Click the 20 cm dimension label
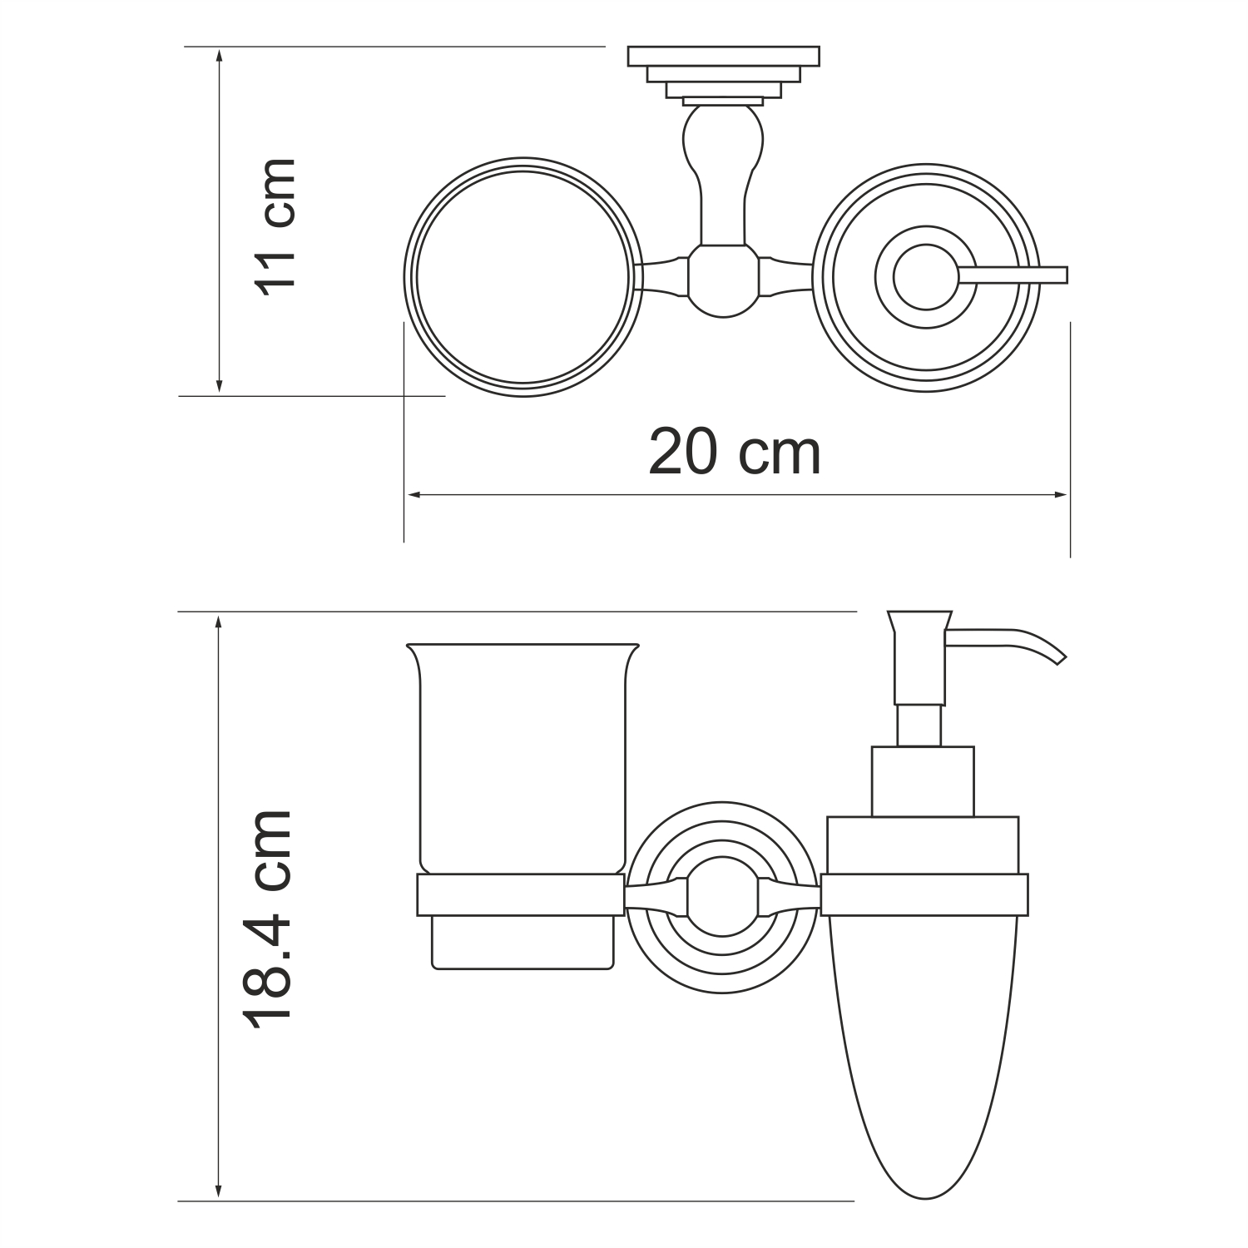click(734, 453)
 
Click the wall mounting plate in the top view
click(723, 57)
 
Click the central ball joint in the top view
click(723, 280)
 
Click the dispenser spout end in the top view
click(1057, 275)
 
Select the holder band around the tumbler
click(520, 895)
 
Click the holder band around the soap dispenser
click(924, 895)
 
